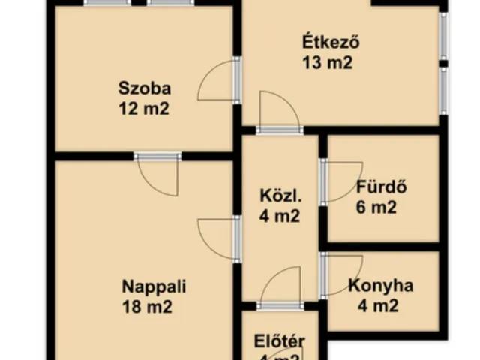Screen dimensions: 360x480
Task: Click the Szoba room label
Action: point(142,88)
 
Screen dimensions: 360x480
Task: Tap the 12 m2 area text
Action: point(142,108)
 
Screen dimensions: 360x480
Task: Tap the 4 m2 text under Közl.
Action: point(279,218)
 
